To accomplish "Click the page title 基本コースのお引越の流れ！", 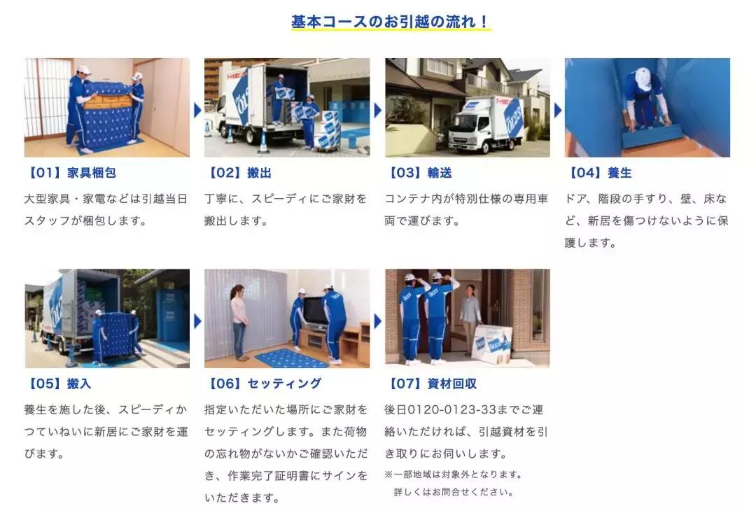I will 391,21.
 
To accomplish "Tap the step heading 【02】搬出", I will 239,173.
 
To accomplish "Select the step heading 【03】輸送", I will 419,173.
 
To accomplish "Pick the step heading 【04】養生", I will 599,173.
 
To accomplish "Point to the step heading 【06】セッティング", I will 263,384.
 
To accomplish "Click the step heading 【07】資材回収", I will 432,384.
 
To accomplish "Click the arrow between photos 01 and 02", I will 197,110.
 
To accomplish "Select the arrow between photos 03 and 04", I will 558,110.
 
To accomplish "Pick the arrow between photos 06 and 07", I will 377,321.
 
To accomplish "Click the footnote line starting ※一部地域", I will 453,475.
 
